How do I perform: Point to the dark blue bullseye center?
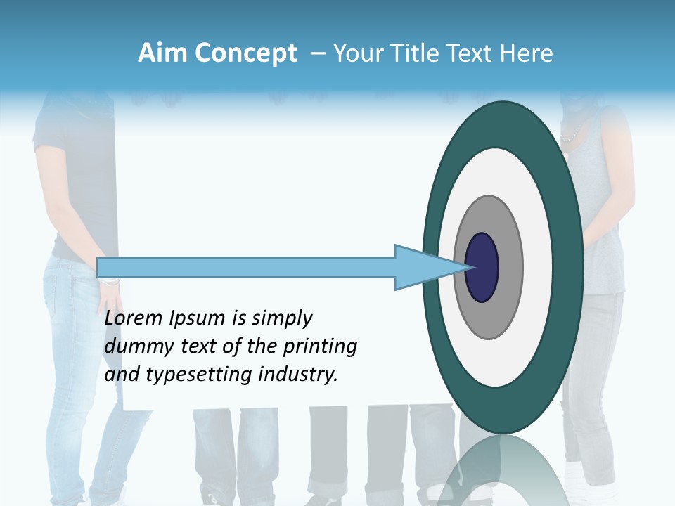(x=482, y=267)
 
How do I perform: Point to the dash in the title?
(x=317, y=53)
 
